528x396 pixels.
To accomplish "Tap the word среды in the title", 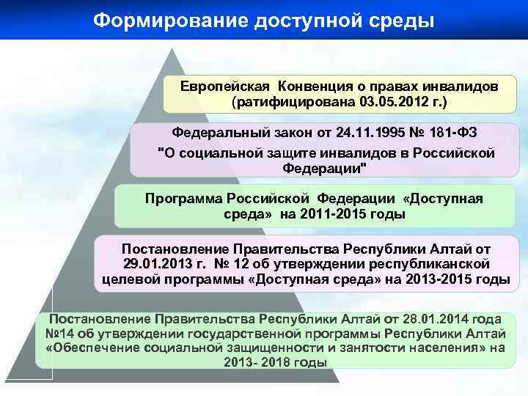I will pos(400,20).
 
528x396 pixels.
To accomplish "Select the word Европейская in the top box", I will pos(224,86).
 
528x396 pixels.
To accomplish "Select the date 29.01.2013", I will pos(153,263).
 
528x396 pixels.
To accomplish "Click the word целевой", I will pos(125,279).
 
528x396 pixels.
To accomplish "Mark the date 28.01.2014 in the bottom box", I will pos(444,319).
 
